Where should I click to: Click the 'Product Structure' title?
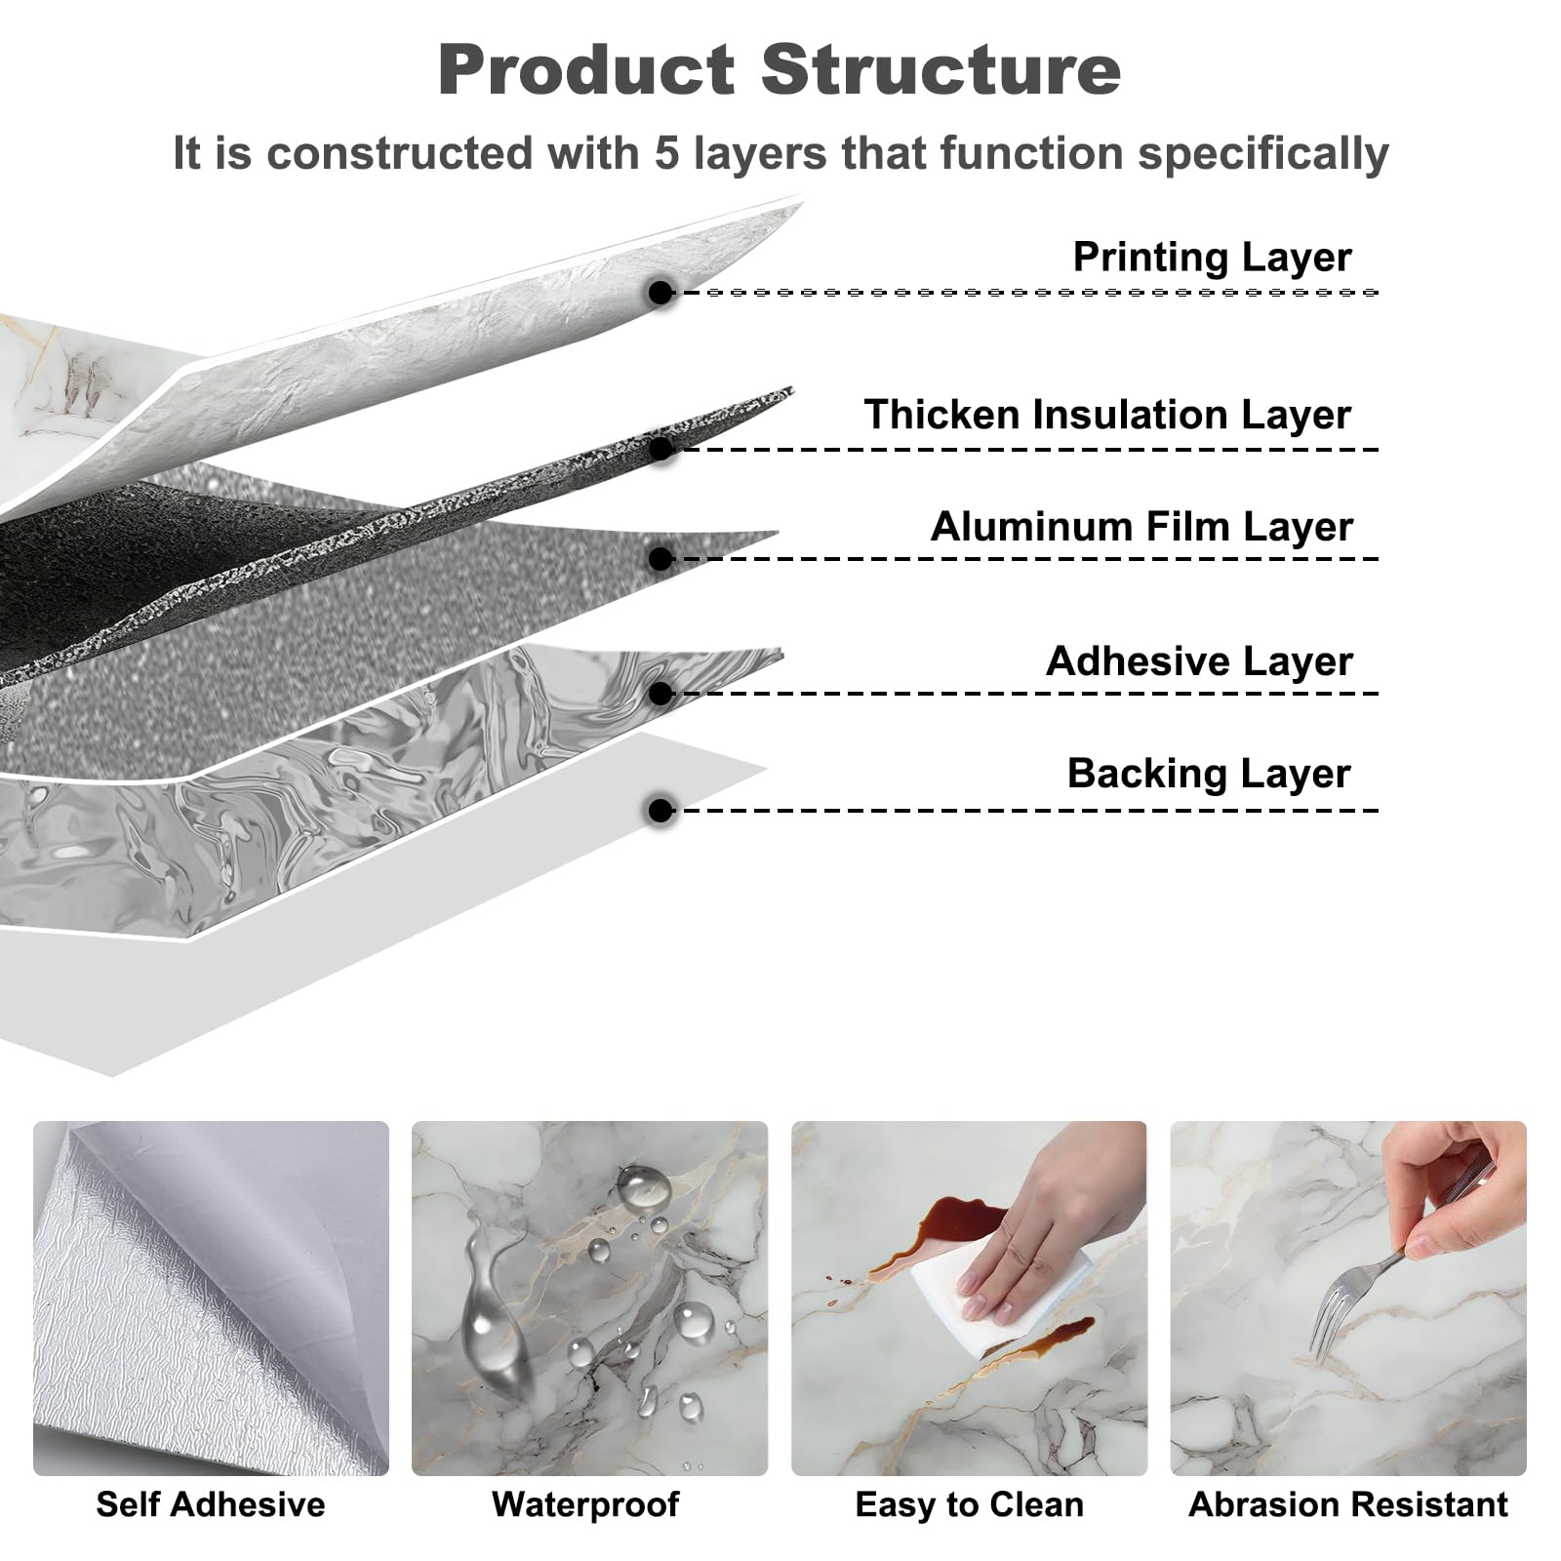coord(780,70)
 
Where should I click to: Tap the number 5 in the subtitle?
coord(667,153)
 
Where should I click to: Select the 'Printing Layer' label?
coord(1212,258)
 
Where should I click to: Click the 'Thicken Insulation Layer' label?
coord(1107,415)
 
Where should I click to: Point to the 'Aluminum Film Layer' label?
coord(1141,527)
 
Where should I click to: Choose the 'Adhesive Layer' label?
coord(1199,661)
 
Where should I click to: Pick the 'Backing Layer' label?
coord(1209,774)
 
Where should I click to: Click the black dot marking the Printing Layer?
coord(661,292)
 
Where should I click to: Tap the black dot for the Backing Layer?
coord(661,811)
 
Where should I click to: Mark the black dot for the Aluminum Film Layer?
coord(661,559)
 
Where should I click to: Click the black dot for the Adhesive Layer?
coord(661,694)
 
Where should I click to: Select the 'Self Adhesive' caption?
coord(211,1504)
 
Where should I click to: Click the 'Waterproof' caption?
coord(585,1504)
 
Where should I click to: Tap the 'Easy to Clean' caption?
coord(969,1504)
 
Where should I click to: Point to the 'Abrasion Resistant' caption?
coord(1348,1504)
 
